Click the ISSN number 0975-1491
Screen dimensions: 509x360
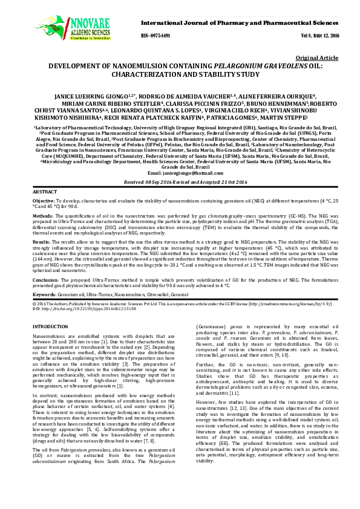(155, 35)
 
